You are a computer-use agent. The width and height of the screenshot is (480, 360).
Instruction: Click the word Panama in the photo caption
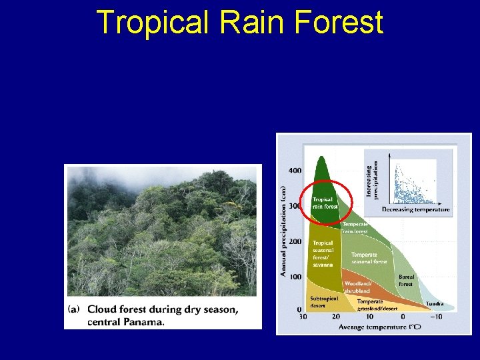click(140, 322)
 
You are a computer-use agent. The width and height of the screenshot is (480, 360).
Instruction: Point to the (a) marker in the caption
click(75, 309)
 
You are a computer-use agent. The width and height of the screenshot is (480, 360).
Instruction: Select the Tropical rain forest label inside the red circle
click(325, 203)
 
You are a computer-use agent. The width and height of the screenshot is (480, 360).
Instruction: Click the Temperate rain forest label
click(355, 228)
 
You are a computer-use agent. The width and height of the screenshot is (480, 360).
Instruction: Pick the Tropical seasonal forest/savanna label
click(323, 254)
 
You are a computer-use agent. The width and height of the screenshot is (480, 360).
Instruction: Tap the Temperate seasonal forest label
click(369, 258)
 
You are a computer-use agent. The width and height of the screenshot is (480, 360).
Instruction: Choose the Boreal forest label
click(406, 280)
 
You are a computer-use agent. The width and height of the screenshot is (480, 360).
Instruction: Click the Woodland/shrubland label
click(358, 287)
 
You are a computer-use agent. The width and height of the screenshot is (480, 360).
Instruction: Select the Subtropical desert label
click(324, 302)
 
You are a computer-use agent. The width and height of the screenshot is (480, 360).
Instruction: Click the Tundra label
click(435, 304)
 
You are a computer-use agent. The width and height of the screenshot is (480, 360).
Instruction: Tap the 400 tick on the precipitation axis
click(295, 171)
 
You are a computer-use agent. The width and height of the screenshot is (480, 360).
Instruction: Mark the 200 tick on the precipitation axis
click(295, 241)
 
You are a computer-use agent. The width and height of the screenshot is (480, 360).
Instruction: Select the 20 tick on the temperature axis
click(336, 317)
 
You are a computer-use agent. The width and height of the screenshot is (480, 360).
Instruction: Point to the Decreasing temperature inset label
click(415, 210)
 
